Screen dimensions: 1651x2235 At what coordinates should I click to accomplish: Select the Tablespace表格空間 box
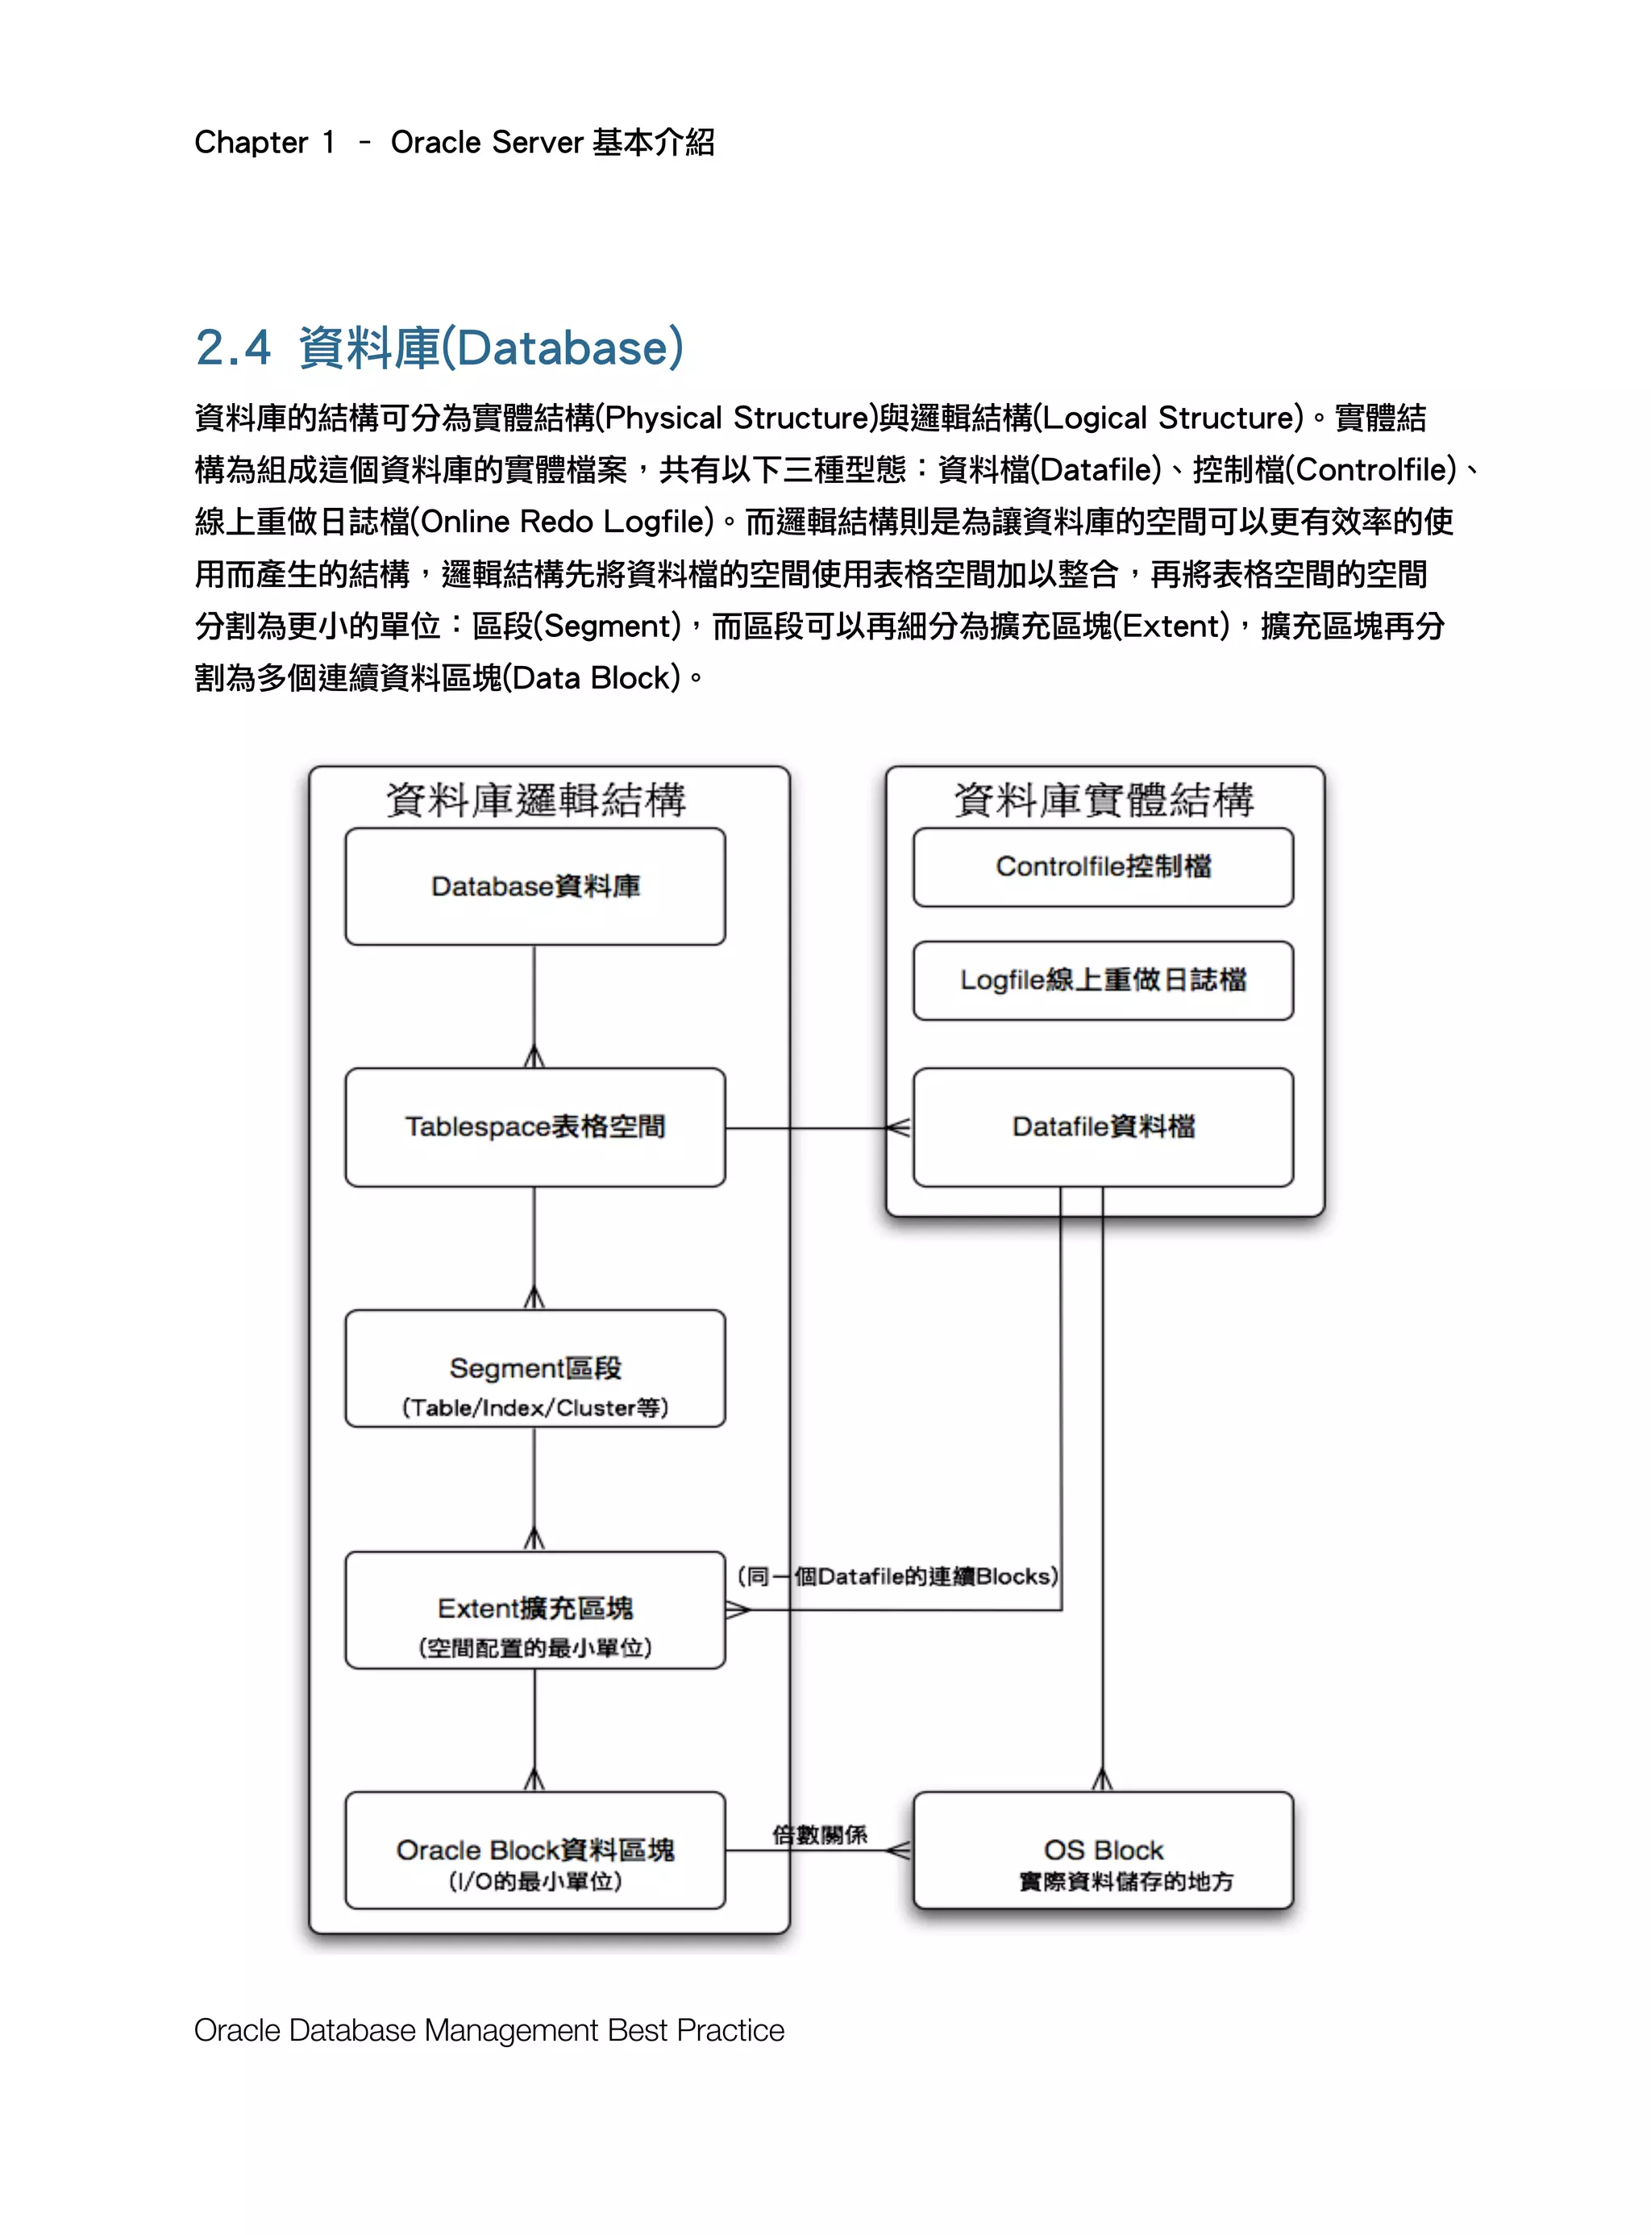point(534,1126)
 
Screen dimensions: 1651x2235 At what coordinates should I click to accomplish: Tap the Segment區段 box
point(534,1368)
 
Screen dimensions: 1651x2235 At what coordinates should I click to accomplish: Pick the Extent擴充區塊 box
point(534,1609)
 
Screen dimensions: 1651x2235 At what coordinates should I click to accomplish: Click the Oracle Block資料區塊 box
point(534,1850)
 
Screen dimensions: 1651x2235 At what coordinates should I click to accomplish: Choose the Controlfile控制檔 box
point(1102,867)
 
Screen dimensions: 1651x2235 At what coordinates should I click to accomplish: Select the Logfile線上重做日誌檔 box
point(1102,980)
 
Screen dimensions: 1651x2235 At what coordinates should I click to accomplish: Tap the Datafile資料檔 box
point(1102,1126)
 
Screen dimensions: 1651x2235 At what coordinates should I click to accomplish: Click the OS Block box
point(1102,1850)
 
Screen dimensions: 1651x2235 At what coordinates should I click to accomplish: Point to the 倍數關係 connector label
point(820,1834)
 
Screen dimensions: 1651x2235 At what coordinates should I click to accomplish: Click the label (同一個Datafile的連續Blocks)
point(897,1576)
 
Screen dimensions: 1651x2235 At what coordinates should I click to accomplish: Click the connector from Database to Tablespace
point(534,1005)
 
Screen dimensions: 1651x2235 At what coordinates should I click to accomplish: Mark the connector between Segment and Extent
point(534,1488)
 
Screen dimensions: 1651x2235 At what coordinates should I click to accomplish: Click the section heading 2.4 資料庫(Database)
point(439,348)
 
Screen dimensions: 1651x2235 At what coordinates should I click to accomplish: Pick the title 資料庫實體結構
point(1104,800)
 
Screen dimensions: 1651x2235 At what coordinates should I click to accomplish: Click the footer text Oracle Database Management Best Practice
point(489,2030)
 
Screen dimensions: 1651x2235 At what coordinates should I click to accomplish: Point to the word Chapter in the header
point(251,143)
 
